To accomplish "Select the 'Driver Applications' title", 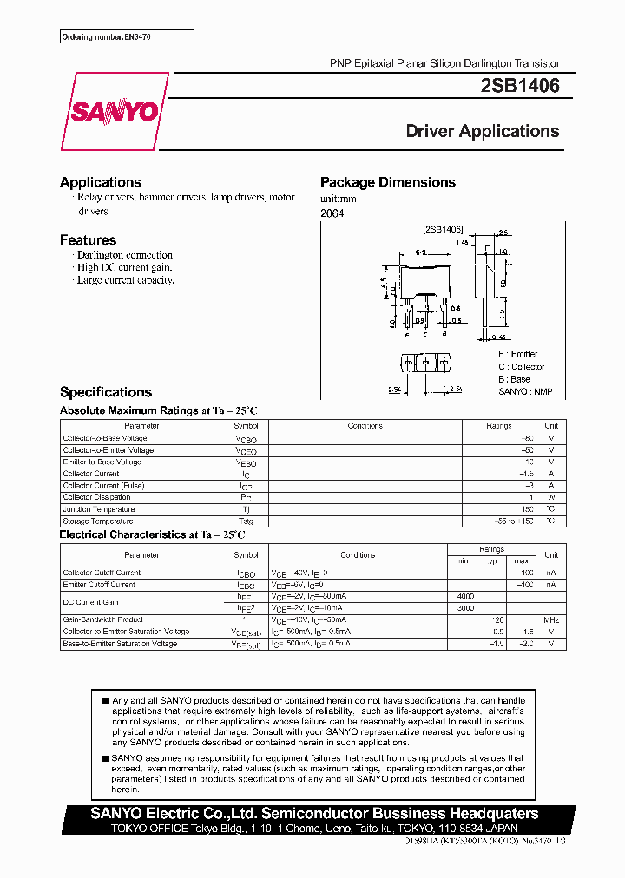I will [483, 132].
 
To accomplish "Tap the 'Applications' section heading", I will [101, 182].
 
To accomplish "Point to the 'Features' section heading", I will [88, 240].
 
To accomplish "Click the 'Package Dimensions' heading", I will [388, 182].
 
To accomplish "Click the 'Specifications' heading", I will [106, 392].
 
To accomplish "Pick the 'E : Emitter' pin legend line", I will [518, 354].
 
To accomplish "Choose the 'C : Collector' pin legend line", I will [522, 367].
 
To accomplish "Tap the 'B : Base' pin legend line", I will [514, 379].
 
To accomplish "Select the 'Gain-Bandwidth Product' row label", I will [102, 619].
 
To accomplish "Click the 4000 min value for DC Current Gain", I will [465, 596].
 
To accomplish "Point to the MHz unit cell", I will [551, 619].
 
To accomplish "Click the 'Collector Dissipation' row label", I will [96, 497].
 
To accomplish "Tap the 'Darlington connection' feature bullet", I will [125, 256].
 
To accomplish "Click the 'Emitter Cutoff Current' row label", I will [99, 585].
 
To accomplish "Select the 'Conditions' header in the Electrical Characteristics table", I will [358, 554].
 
